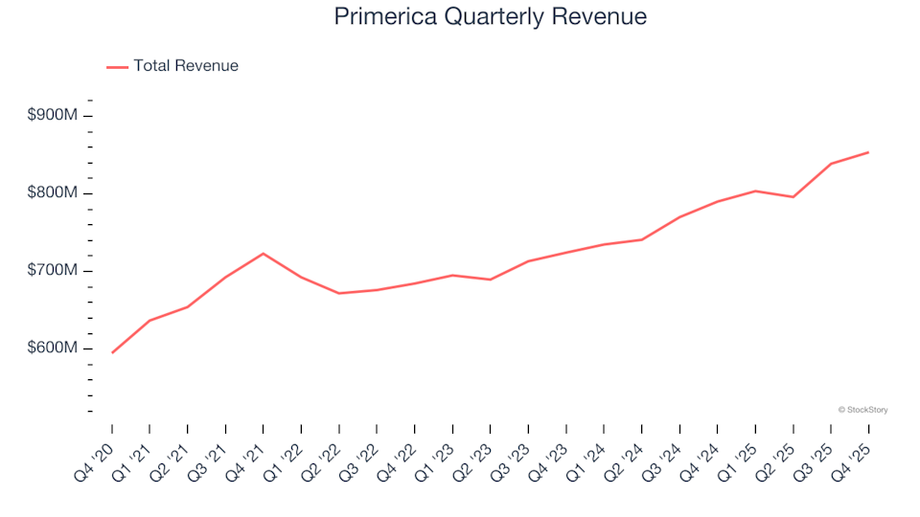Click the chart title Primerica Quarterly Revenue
click(490, 17)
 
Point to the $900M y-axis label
click(54, 116)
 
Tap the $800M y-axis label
click(54, 193)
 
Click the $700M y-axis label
click(54, 271)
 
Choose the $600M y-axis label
click(54, 348)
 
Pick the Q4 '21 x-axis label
click(249, 455)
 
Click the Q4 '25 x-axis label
click(855, 455)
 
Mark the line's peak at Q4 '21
click(264, 254)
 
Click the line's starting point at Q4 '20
click(112, 352)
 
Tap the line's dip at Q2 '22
click(339, 293)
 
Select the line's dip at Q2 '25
click(793, 197)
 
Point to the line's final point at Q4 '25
click(868, 152)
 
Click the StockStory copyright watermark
click(862, 410)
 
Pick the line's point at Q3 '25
click(831, 164)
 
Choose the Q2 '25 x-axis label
click(779, 455)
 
